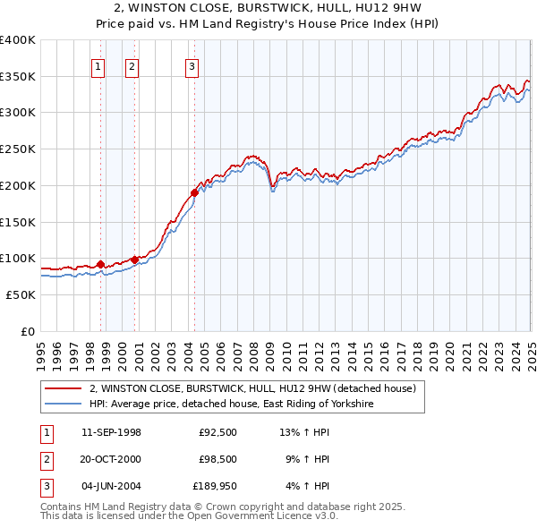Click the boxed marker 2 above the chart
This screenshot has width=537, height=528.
(132, 65)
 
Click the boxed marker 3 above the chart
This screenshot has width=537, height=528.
(192, 65)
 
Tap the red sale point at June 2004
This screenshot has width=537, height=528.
(194, 192)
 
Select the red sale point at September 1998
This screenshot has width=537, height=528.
(100, 263)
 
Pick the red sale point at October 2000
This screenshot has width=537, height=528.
(135, 260)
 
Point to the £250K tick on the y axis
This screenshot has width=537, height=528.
(18, 149)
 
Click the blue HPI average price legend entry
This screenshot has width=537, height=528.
(230, 405)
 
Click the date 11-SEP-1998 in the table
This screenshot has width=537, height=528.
(111, 432)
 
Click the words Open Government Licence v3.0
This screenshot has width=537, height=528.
(265, 515)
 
